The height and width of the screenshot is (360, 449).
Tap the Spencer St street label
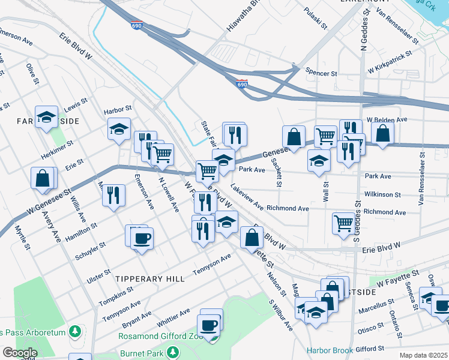pyautogui.click(x=321, y=73)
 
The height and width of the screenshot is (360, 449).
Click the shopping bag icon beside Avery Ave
pyautogui.click(x=43, y=178)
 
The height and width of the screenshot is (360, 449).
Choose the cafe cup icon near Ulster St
pyautogui.click(x=142, y=239)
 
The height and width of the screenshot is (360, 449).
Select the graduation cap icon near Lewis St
pyautogui.click(x=46, y=118)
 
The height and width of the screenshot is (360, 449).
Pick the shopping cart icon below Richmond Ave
pyautogui.click(x=343, y=223)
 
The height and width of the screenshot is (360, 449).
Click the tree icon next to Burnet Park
pyautogui.click(x=173, y=352)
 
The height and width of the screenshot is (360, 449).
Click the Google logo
pyautogui.click(x=19, y=353)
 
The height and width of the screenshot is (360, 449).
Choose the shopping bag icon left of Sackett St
pyautogui.click(x=294, y=137)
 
